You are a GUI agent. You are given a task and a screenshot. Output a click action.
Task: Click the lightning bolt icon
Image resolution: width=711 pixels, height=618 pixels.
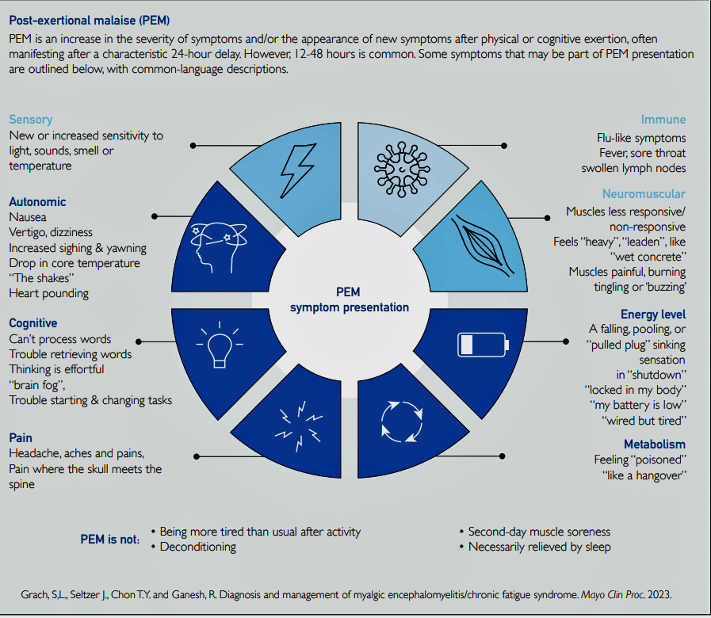(297, 170)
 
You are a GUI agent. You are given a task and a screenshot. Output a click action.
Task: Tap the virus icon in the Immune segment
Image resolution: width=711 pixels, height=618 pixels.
(402, 170)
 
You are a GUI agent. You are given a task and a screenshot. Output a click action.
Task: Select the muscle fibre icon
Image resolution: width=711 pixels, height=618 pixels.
(483, 246)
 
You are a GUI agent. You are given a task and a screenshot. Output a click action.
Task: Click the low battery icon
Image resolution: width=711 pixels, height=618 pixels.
(483, 345)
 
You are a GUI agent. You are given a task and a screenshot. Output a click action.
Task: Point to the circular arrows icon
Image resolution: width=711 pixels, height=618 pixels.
(402, 422)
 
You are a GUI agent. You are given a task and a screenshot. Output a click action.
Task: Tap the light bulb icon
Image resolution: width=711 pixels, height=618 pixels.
(220, 345)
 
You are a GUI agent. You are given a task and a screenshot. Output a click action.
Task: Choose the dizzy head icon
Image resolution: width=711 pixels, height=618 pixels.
(219, 247)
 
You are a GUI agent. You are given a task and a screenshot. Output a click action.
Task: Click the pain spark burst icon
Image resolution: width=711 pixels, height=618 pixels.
(299, 425)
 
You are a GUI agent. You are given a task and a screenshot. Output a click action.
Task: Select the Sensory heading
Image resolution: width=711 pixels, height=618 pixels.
(31, 120)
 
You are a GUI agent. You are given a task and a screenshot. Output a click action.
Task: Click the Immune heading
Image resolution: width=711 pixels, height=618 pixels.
(663, 120)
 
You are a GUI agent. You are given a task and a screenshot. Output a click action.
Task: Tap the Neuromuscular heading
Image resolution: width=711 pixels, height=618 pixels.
(644, 193)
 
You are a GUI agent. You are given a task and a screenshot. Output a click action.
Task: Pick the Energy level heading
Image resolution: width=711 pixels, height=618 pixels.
(653, 314)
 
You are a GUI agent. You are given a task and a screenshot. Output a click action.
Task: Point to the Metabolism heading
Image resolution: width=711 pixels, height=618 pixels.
(655, 444)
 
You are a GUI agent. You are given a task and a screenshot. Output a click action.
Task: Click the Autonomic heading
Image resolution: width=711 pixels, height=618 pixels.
(37, 202)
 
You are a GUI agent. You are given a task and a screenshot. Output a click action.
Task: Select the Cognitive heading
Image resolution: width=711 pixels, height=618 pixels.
(33, 322)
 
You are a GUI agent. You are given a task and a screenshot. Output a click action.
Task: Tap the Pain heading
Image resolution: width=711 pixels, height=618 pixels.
(21, 437)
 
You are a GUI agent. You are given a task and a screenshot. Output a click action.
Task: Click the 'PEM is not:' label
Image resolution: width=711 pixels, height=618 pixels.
(109, 539)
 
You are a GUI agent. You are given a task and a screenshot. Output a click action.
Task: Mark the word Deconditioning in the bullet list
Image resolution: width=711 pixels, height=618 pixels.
(197, 547)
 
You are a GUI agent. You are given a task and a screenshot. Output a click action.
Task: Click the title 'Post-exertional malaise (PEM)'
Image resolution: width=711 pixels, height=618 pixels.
(90, 21)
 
